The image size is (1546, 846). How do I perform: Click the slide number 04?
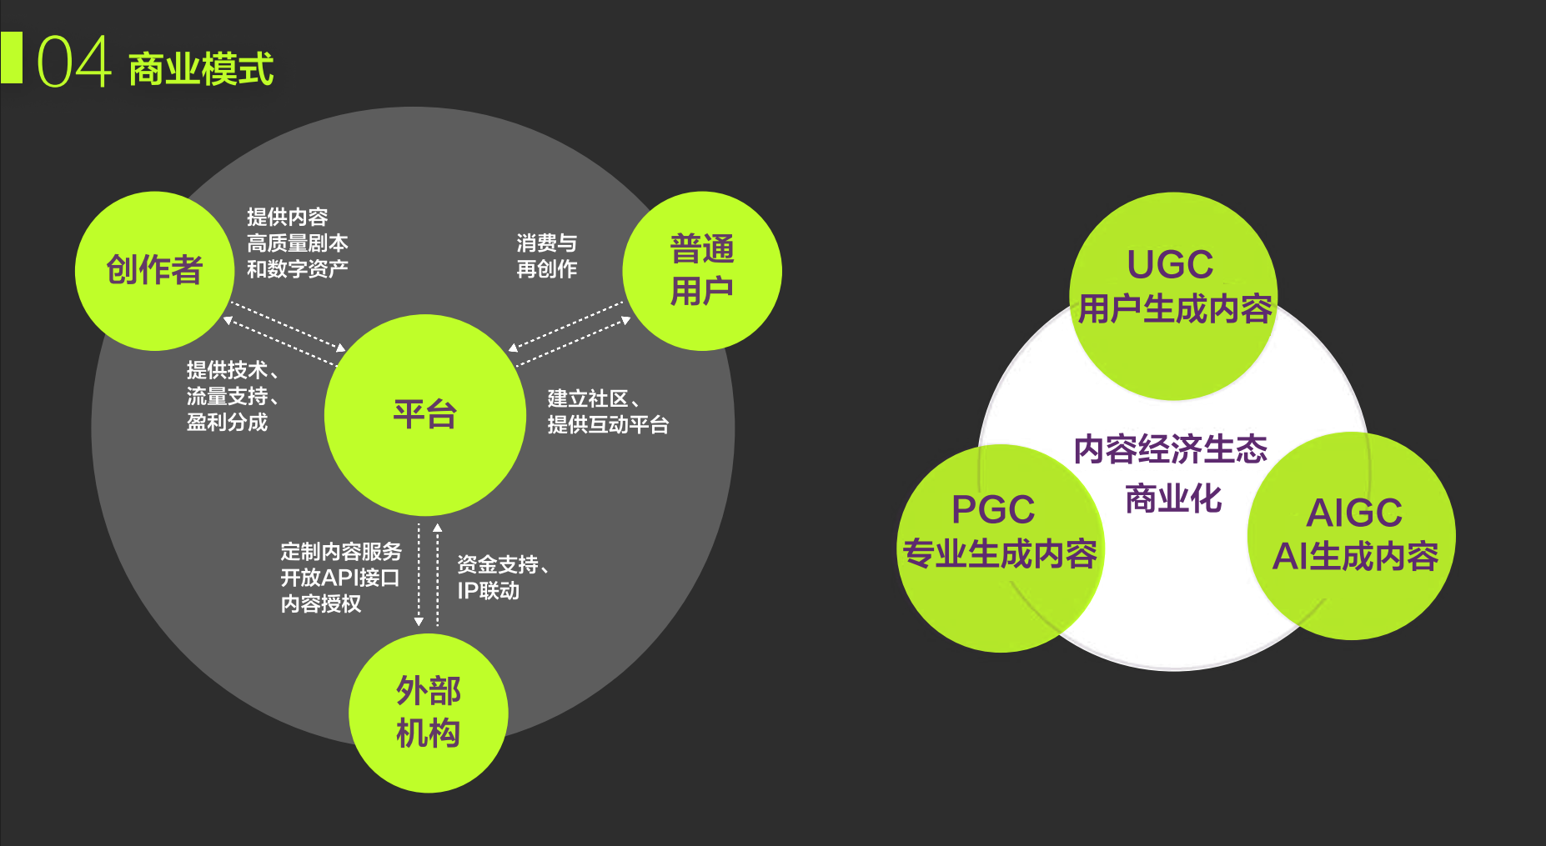tap(73, 62)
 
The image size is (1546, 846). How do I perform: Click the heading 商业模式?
tap(201, 68)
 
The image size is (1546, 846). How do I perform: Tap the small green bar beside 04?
tap(12, 58)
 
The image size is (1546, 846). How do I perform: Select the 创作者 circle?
tap(154, 270)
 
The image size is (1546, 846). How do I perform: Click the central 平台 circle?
tap(424, 414)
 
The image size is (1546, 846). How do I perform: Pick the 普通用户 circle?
tap(702, 270)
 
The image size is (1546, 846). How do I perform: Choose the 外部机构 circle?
tap(428, 713)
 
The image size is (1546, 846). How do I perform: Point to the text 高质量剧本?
tap(297, 243)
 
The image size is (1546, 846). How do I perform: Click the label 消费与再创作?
tap(546, 256)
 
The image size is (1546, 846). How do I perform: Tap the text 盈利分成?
tap(227, 423)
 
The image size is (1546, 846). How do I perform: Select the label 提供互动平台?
tap(608, 425)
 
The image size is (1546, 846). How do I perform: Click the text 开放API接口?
tap(339, 578)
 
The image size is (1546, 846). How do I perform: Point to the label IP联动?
tap(488, 591)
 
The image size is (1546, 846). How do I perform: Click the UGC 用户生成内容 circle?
tap(1173, 288)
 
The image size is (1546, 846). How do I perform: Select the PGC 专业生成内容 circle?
tap(999, 542)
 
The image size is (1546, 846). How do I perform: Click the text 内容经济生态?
tap(1170, 449)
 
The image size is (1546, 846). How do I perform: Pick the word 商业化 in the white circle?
tap(1173, 499)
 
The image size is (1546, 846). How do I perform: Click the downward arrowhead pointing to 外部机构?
tap(419, 621)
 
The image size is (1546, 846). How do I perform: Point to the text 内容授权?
tap(321, 603)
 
